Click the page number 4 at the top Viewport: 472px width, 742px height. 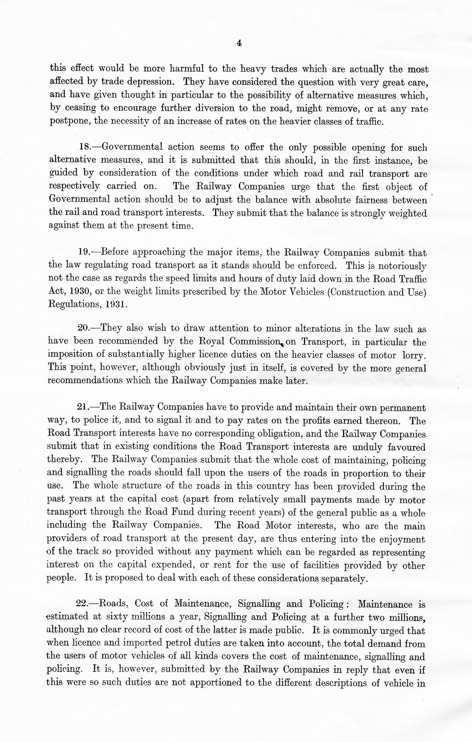(x=239, y=43)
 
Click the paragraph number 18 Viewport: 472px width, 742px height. (x=85, y=147)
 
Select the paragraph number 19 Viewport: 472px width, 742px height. (x=84, y=252)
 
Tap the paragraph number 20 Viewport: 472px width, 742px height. (x=84, y=329)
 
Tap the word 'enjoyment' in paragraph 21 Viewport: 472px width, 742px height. (x=402, y=539)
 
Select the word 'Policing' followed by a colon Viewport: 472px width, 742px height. (x=325, y=604)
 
